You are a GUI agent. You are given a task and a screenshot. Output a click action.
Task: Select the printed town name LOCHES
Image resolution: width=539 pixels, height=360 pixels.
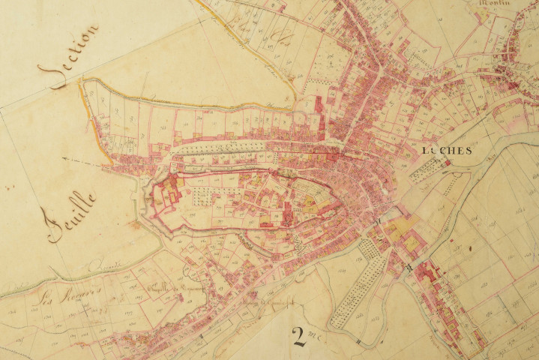(447, 151)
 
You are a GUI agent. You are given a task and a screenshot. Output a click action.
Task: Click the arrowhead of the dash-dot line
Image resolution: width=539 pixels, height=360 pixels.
(66, 160)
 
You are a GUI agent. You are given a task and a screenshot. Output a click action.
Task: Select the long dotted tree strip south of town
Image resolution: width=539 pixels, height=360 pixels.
(356, 285)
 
